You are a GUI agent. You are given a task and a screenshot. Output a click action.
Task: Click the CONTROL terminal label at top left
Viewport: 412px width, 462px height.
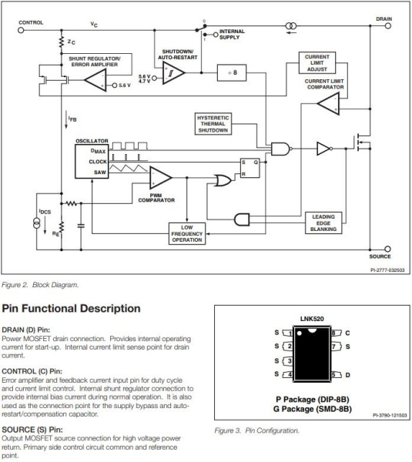pyautogui.click(x=31, y=23)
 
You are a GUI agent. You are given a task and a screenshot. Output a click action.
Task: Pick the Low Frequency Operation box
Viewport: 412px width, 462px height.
pyautogui.click(x=186, y=234)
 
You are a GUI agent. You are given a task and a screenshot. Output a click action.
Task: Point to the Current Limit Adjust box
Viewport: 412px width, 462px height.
pyautogui.click(x=317, y=62)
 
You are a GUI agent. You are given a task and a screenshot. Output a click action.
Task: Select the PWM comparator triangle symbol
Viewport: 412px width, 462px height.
pyautogui.click(x=160, y=178)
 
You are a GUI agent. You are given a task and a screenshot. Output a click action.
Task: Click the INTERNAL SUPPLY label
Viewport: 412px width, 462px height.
pyautogui.click(x=232, y=34)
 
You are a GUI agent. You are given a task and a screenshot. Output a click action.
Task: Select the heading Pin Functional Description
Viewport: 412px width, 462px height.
pyautogui.click(x=71, y=309)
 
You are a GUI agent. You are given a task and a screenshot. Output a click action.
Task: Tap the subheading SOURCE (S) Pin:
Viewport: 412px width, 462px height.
pyautogui.click(x=35, y=430)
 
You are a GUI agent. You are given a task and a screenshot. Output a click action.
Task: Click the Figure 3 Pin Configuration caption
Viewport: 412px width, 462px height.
pyautogui.click(x=258, y=430)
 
